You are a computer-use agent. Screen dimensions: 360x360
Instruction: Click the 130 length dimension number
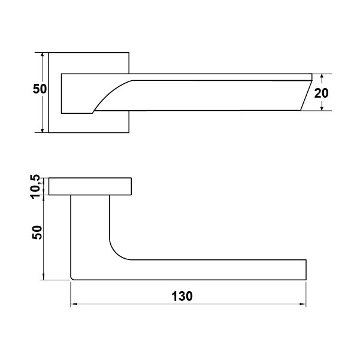click(182, 296)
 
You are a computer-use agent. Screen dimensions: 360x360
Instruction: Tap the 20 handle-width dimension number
click(321, 93)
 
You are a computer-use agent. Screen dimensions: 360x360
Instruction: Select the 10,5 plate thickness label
click(35, 187)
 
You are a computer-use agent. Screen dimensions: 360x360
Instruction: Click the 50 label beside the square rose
click(40, 89)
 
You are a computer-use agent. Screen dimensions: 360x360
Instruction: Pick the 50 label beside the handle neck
click(37, 232)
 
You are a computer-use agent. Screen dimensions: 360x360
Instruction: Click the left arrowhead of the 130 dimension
click(74, 304)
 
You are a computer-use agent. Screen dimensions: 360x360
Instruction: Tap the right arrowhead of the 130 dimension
click(303, 304)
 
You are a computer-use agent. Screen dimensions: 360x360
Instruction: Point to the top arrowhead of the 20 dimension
click(322, 77)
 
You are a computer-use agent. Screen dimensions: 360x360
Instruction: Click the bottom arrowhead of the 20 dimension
click(322, 107)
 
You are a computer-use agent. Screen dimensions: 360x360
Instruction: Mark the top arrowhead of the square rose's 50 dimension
click(42, 56)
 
